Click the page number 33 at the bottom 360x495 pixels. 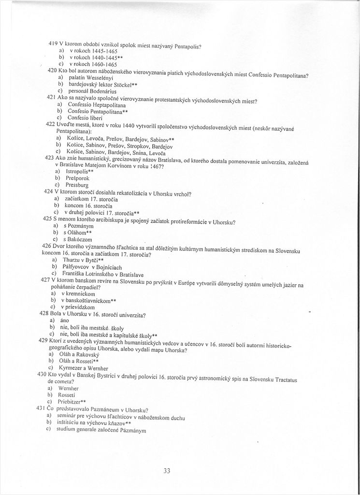[167, 471]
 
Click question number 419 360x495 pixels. [54, 43]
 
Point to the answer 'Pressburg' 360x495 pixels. [78, 185]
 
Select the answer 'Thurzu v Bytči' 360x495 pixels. [83, 260]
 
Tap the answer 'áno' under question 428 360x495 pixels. [64, 320]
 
